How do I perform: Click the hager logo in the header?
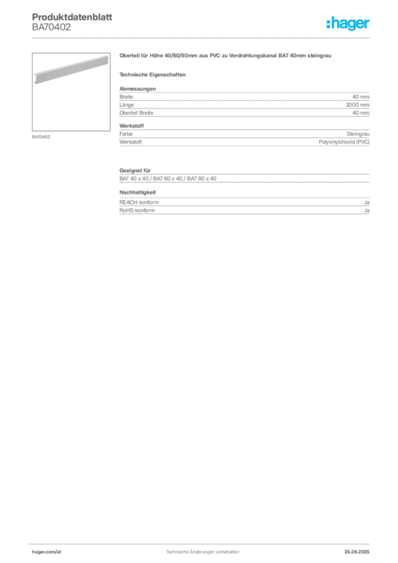coord(348,23)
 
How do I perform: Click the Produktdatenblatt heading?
coord(72,17)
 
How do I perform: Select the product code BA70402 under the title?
coord(51,27)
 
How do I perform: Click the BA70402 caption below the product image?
coord(41,137)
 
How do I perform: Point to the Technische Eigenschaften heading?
coord(152,75)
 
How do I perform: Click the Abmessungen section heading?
coord(137,89)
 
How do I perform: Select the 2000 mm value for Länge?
coord(357,105)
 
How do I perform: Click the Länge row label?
coord(126,105)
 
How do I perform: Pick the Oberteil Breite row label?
coord(136,113)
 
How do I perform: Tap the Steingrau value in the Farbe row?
coord(358,134)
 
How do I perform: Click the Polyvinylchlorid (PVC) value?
coord(344,142)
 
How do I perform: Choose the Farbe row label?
coord(126,134)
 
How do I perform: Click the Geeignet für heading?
coord(135,170)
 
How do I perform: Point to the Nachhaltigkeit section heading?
coord(137,192)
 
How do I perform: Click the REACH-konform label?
coord(139,202)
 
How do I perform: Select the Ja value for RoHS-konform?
coord(367,211)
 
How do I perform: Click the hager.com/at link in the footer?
coord(47,552)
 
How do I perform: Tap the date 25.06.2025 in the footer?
coord(357,552)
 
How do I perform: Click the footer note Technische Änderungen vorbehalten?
coord(202,552)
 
